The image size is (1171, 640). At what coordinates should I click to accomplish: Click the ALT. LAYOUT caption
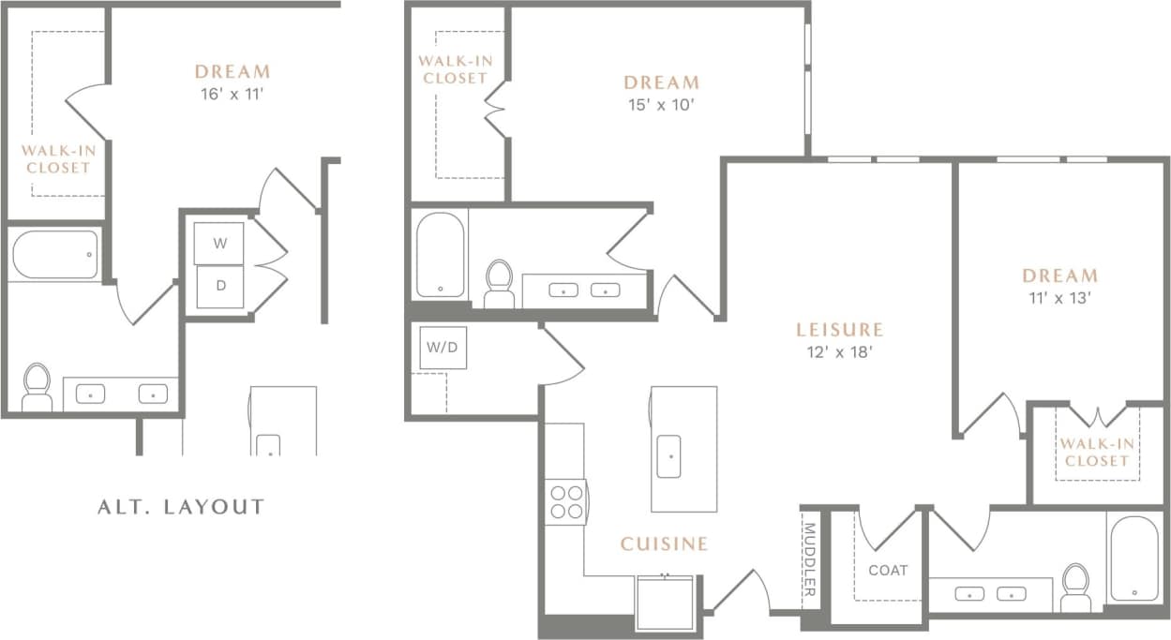click(x=181, y=507)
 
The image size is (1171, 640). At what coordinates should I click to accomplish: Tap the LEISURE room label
click(x=839, y=330)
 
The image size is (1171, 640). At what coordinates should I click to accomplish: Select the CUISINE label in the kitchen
click(x=664, y=543)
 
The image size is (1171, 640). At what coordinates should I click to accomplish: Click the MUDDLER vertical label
click(x=810, y=560)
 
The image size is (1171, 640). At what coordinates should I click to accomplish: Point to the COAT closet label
click(x=887, y=570)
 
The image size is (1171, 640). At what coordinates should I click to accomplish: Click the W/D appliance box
click(x=443, y=348)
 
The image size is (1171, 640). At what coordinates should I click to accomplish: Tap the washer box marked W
click(x=219, y=244)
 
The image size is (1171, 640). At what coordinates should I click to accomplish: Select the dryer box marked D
click(x=220, y=286)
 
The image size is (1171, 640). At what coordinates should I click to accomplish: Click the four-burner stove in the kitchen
click(x=565, y=501)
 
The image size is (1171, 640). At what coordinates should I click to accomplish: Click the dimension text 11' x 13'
click(x=1059, y=299)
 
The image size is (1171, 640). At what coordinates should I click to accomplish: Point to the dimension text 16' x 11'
click(x=231, y=93)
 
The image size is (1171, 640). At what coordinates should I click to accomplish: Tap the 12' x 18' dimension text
click(x=839, y=352)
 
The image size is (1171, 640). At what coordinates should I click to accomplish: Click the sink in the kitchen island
click(x=668, y=456)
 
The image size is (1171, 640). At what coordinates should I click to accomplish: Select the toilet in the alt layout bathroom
click(x=37, y=387)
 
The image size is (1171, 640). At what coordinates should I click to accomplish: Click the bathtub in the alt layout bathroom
click(x=55, y=254)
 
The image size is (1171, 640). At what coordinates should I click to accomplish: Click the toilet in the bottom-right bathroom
click(x=1075, y=586)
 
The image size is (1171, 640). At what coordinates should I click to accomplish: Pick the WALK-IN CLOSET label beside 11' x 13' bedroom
click(x=1096, y=453)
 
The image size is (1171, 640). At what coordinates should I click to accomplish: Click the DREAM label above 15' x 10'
click(x=661, y=82)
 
